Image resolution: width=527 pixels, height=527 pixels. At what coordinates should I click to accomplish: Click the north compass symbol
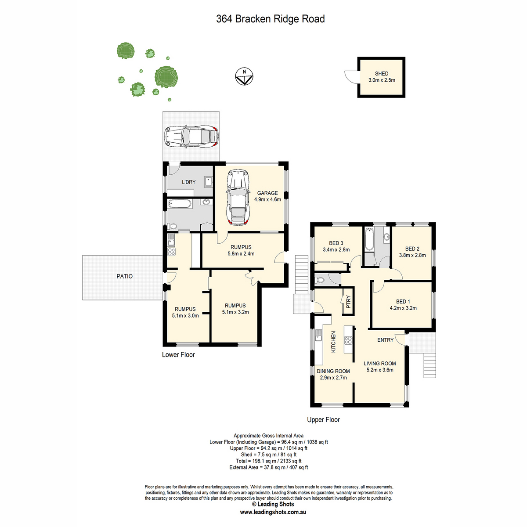click(x=244, y=76)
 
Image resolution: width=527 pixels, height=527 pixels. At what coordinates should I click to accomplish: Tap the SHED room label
click(x=381, y=74)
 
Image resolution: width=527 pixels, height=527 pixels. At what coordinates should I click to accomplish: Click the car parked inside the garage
click(x=238, y=197)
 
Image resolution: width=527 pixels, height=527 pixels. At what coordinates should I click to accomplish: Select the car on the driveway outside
click(x=191, y=137)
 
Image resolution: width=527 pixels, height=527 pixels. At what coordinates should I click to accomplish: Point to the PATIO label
click(x=124, y=276)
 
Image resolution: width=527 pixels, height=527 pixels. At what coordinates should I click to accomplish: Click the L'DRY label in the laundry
click(x=189, y=182)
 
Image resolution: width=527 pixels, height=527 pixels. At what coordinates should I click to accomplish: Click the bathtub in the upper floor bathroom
click(x=369, y=239)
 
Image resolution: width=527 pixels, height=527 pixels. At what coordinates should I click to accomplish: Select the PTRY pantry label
click(x=348, y=302)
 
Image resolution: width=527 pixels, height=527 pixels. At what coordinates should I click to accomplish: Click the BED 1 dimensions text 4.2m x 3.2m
click(x=403, y=308)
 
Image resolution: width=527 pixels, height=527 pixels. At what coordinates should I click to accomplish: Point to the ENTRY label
click(x=385, y=340)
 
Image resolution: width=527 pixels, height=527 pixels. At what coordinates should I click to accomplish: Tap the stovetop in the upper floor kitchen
click(x=348, y=340)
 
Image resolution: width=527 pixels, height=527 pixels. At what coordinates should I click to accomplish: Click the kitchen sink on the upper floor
click(x=318, y=335)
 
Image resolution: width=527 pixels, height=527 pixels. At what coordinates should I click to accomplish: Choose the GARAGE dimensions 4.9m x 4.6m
click(x=267, y=199)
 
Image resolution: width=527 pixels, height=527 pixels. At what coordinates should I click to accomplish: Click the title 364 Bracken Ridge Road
click(x=271, y=19)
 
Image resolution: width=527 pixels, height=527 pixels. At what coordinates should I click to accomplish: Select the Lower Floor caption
click(x=178, y=355)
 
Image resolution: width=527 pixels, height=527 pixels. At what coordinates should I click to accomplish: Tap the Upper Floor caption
click(x=323, y=420)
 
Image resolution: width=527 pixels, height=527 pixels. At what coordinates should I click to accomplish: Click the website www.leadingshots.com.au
click(x=273, y=512)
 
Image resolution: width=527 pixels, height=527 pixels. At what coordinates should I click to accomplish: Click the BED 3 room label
click(x=336, y=243)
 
